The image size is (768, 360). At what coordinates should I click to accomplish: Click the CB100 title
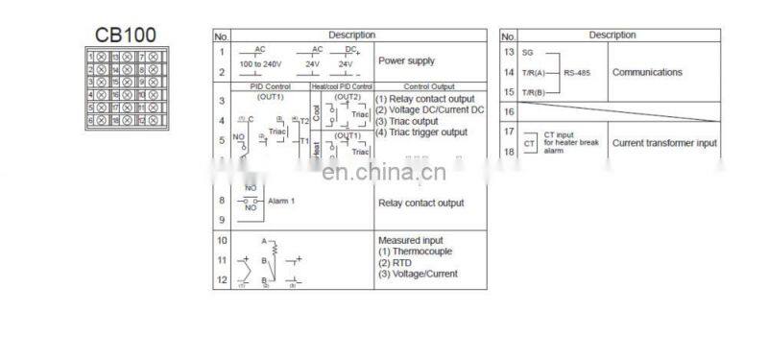(x=124, y=36)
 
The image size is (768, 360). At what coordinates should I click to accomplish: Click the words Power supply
(x=406, y=60)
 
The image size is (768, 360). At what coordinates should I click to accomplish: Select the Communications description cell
(x=647, y=72)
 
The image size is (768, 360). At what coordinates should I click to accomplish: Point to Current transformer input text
(x=664, y=143)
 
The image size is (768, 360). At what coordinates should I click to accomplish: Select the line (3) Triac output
(x=407, y=121)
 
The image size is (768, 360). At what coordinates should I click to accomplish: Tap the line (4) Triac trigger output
(x=421, y=132)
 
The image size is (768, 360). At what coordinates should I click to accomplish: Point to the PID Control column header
(x=270, y=86)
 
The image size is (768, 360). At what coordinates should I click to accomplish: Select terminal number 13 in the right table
(x=509, y=51)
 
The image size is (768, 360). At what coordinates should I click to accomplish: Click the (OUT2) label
(x=348, y=97)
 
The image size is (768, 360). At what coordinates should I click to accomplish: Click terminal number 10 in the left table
(x=222, y=240)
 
